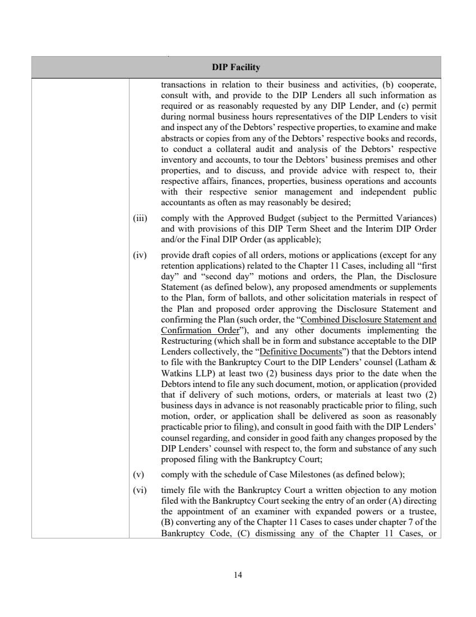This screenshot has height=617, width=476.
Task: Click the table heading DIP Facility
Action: tap(236, 67)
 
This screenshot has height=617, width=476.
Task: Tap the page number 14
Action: tap(238, 574)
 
